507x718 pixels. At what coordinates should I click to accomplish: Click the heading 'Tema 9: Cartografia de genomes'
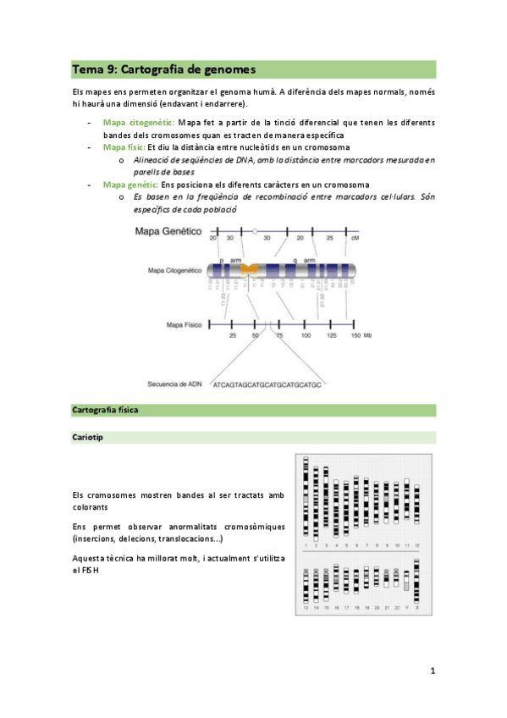163,69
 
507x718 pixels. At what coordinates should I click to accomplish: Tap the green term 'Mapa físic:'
124,147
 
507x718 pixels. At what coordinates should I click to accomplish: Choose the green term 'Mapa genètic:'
130,185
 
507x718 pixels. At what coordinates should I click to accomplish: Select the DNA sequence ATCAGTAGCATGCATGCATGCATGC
267,384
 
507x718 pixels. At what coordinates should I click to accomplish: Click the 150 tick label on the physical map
355,336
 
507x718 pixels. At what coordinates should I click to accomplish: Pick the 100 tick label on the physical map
306,336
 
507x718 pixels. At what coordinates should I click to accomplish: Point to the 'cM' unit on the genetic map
355,240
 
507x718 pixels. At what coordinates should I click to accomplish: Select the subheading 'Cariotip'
89,438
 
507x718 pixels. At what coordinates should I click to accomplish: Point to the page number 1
433,671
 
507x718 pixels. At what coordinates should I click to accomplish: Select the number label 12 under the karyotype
417,546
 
